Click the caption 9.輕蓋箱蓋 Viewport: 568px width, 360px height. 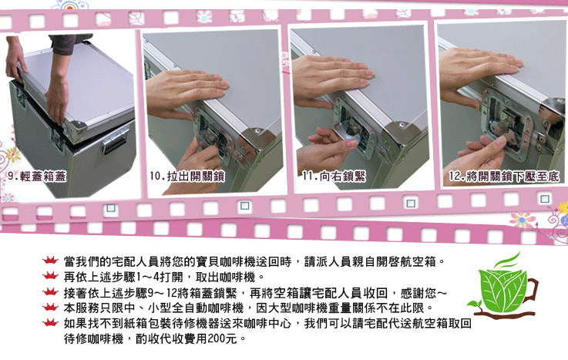pos(37,177)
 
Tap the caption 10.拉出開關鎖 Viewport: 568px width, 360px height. pos(187,177)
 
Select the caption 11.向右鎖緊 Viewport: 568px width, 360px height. pos(334,177)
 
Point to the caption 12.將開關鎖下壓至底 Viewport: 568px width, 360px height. pos(504,177)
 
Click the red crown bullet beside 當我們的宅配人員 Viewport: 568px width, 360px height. pos(50,260)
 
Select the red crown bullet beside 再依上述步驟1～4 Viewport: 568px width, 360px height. pos(50,276)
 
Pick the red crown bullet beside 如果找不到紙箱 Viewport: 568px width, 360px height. pos(50,322)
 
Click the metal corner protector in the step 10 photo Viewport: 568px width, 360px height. pos(257,144)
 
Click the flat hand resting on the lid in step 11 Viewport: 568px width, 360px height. pos(331,77)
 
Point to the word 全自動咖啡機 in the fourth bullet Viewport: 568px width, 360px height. pos(207,308)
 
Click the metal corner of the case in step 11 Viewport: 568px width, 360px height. pos(398,137)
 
